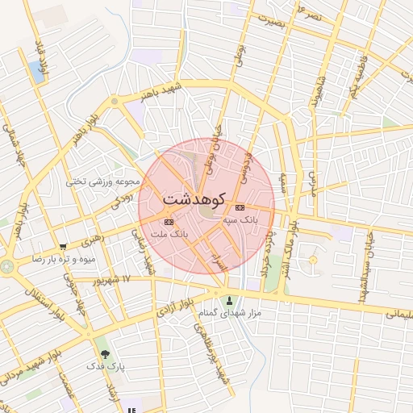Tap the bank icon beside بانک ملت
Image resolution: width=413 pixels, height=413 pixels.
point(169,222)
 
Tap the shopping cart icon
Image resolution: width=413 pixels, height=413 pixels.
point(63,247)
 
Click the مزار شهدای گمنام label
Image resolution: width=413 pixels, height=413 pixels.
point(227,312)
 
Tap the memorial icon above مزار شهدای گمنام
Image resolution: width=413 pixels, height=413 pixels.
point(228,300)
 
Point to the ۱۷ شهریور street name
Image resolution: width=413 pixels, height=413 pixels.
point(111,281)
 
